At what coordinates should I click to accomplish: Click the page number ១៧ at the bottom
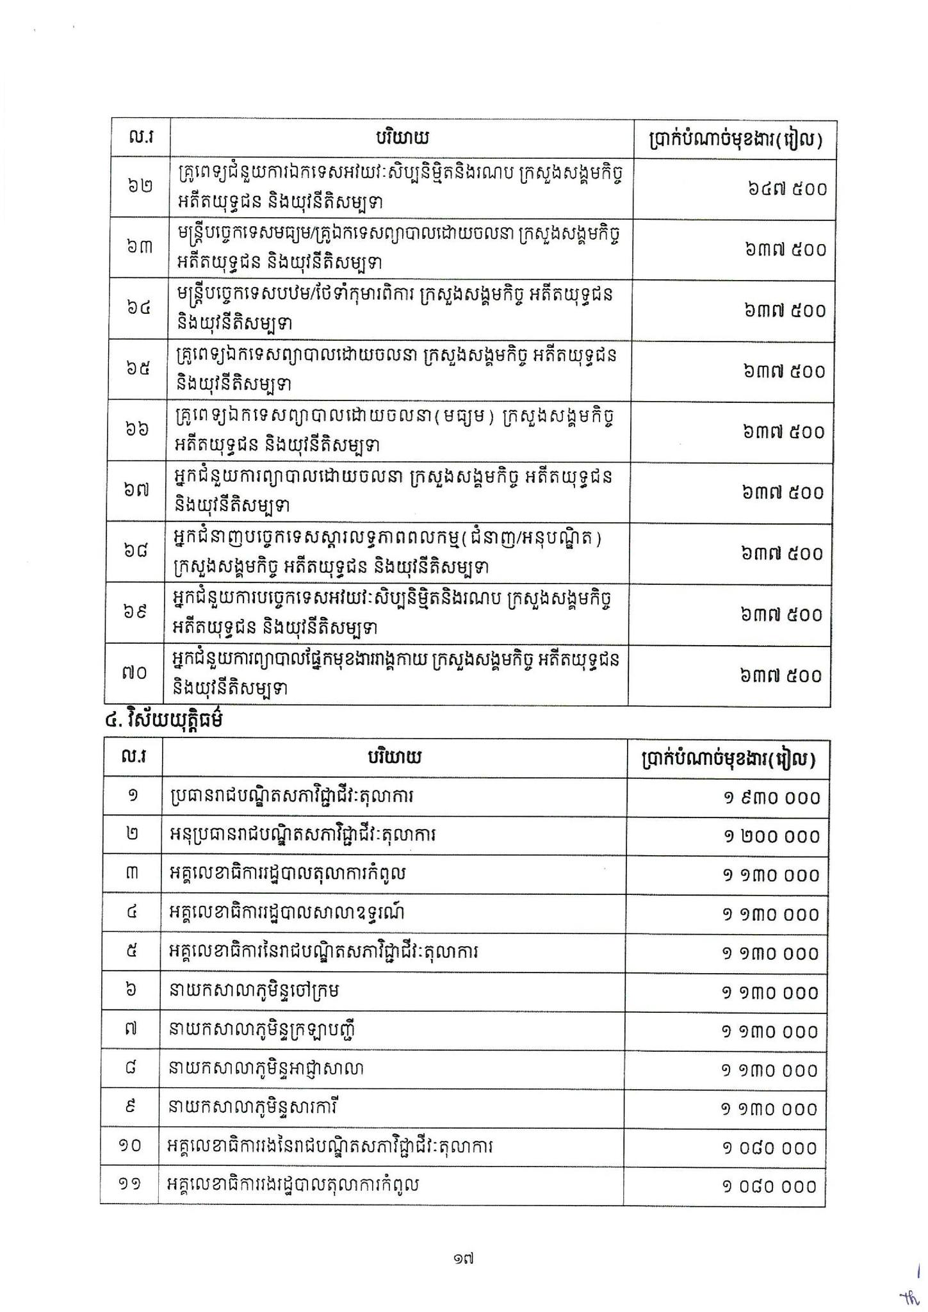pos(462,1259)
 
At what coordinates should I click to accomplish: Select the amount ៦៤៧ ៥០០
pos(786,189)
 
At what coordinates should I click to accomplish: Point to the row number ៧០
pos(134,673)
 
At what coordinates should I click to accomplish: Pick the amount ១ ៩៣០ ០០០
pos(772,798)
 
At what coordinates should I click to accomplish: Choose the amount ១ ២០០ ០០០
pos(772,837)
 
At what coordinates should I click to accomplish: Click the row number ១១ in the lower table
pos(130,1185)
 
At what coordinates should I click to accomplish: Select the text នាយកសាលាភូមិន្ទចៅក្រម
pos(254,991)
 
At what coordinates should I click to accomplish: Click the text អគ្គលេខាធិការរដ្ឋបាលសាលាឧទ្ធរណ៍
pos(288,913)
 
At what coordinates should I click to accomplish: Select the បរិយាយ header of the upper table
pos(402,138)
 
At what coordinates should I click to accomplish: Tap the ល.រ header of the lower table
pos(133,758)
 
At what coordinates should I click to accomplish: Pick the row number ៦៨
pos(136,551)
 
